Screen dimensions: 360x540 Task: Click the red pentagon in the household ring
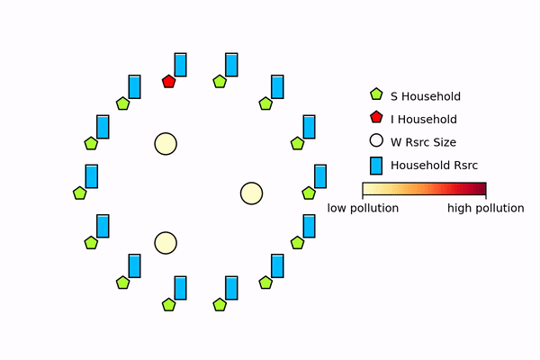click(168, 82)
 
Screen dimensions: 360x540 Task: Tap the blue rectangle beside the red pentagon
click(181, 64)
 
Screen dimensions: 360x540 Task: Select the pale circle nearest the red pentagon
click(166, 144)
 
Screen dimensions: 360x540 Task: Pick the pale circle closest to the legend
click(251, 193)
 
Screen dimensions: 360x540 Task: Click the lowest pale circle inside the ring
click(166, 243)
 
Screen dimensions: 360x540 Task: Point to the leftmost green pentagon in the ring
click(79, 193)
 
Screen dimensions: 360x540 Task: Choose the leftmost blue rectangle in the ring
click(92, 175)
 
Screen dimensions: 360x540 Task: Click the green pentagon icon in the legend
click(377, 95)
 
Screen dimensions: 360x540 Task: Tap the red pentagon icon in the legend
click(377, 118)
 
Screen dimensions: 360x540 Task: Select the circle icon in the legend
click(377, 141)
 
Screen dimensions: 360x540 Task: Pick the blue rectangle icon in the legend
click(377, 165)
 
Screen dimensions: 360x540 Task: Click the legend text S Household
click(426, 96)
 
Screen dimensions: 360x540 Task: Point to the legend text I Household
click(423, 120)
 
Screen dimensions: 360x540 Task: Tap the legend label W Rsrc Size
click(423, 142)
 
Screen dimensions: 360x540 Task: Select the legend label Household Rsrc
click(434, 165)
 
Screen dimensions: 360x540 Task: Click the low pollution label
click(363, 208)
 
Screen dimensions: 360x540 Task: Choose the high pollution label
click(485, 208)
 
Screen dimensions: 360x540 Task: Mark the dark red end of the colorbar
click(482, 189)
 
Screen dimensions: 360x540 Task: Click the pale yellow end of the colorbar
click(366, 189)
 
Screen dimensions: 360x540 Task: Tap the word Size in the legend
click(445, 142)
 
